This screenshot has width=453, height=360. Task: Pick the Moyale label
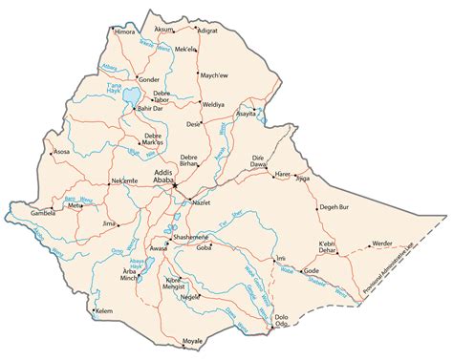click(193, 340)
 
